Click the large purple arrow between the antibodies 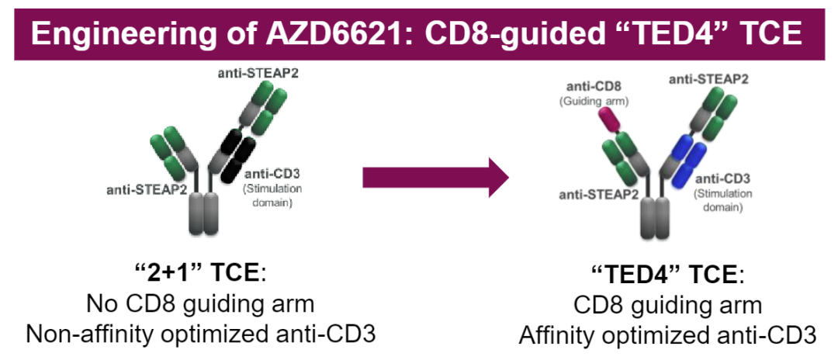[435, 177]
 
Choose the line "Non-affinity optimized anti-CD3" [200, 335]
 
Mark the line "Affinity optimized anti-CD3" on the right [667, 337]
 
